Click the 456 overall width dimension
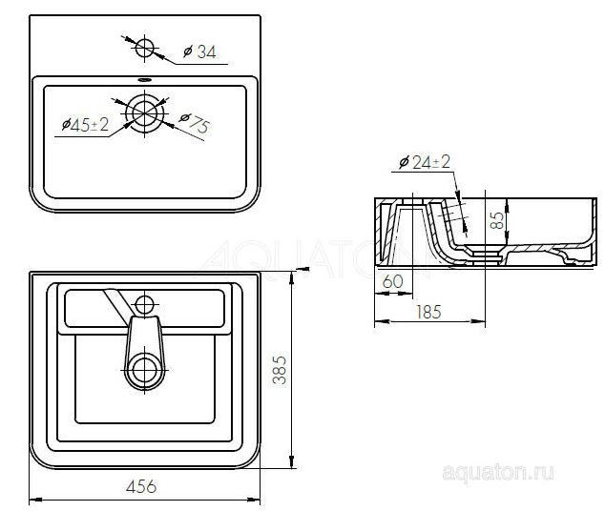tap(141, 486)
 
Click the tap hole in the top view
tap(145, 47)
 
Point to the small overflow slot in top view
tap(144, 79)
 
